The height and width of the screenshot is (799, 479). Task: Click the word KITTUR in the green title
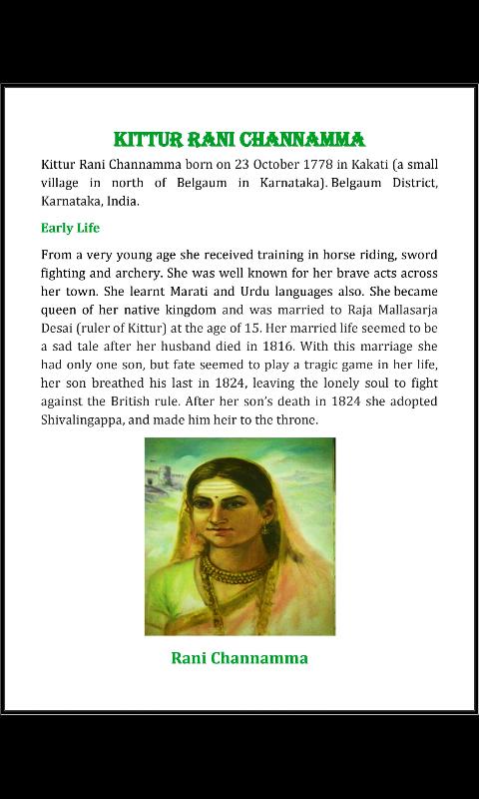coord(147,139)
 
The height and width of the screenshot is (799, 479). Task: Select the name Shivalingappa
coord(86,420)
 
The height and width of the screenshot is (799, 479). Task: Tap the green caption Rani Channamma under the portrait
coord(239,658)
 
